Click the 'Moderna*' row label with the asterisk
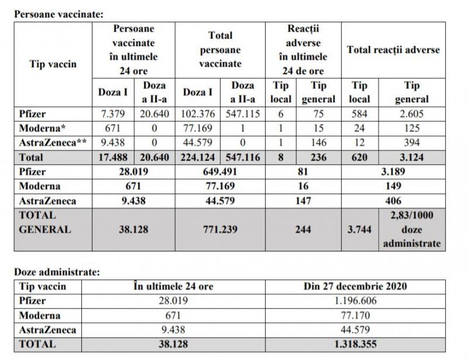point(42,128)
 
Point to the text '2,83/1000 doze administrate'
point(411,230)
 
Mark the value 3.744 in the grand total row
point(359,230)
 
